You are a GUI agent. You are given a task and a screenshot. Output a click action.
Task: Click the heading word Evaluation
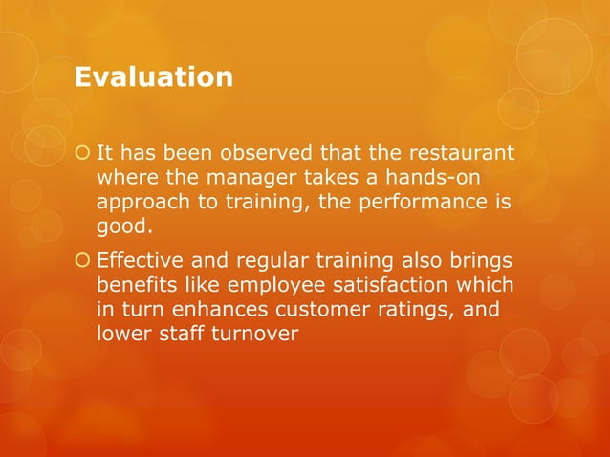pos(154,76)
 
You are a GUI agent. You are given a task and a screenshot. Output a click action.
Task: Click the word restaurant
pos(464,153)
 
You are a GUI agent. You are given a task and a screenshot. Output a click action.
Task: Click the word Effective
pos(142,260)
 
